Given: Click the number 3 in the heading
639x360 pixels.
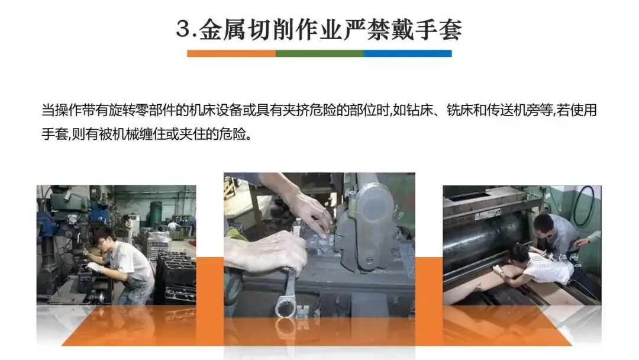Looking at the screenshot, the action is click(x=183, y=30).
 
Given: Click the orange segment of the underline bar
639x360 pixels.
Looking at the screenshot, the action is click(x=231, y=53).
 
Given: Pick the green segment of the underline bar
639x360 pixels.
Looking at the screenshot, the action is click(x=319, y=53).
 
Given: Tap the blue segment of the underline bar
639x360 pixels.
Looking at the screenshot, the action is click(x=408, y=53).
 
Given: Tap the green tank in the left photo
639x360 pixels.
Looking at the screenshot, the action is click(x=156, y=213).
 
